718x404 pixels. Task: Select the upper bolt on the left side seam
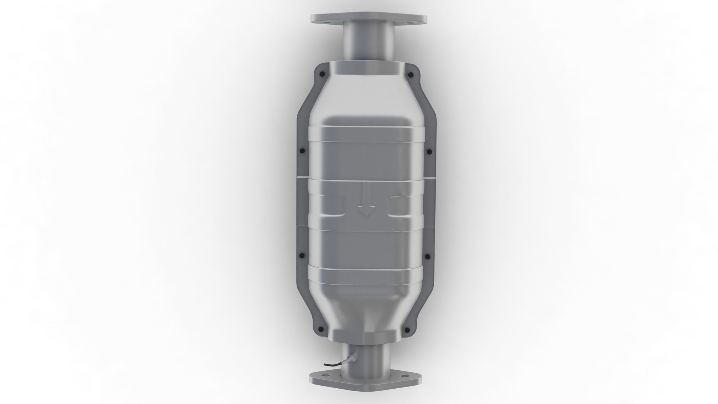click(x=302, y=151)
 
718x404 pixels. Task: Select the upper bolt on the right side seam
click(x=429, y=151)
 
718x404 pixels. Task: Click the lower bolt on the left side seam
click(x=302, y=256)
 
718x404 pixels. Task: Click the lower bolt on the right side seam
click(x=428, y=257)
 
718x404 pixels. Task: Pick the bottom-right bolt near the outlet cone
click(x=407, y=330)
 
